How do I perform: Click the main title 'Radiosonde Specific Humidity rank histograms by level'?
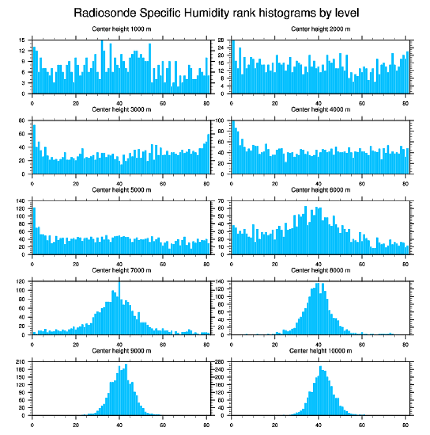[216, 12]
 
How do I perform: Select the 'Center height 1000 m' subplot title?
[122, 29]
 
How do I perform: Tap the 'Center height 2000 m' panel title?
[320, 29]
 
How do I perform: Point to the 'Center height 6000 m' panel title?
[320, 190]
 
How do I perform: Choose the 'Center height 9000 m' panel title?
[122, 351]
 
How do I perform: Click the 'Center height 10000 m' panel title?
[320, 351]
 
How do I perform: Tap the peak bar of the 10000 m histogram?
[320, 391]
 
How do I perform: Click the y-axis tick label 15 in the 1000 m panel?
[22, 40]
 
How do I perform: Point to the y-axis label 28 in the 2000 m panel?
[222, 40]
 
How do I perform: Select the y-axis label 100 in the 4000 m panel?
[221, 121]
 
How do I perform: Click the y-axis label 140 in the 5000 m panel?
[21, 201]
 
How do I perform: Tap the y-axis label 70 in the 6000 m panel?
[222, 201]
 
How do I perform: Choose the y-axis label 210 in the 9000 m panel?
[21, 362]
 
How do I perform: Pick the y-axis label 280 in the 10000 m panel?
[221, 362]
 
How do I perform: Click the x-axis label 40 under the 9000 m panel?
[119, 424]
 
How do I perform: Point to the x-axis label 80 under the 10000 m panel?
[405, 424]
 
